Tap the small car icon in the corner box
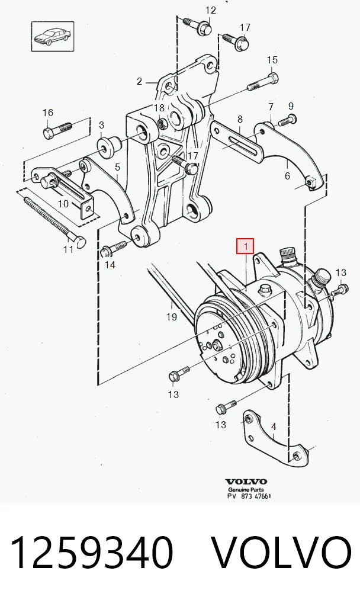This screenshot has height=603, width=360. pos(53,36)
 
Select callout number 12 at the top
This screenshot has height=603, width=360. pos(211,10)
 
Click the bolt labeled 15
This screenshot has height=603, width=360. pos(262,82)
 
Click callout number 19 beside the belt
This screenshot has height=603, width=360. pos(172,317)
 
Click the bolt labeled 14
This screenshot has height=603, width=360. pos(114,247)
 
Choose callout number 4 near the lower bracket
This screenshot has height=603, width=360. pos(274,427)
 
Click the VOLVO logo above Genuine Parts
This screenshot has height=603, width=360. pos(246,482)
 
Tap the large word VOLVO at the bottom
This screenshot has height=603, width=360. pos(281,553)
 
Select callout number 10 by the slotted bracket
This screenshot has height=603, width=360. pos(63,203)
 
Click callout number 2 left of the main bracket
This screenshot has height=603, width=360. pos(139,81)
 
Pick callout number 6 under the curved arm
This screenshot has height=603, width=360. pos(287,176)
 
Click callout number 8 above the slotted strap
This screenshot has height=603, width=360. pos(240,119)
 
